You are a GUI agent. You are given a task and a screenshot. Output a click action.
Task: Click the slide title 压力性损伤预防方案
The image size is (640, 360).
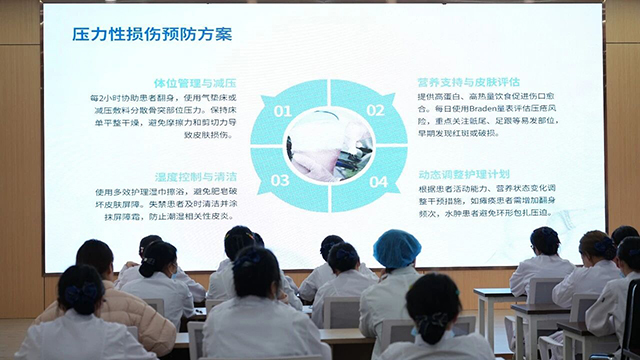152,35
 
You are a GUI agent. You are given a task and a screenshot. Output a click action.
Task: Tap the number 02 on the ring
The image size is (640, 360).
375,111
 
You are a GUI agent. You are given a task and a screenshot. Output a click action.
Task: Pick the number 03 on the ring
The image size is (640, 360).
281,181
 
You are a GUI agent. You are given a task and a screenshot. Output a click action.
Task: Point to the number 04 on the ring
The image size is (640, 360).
377,182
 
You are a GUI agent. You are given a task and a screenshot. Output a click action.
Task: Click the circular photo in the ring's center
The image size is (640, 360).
329,146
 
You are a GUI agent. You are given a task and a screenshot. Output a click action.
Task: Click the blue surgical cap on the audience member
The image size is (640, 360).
397,248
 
